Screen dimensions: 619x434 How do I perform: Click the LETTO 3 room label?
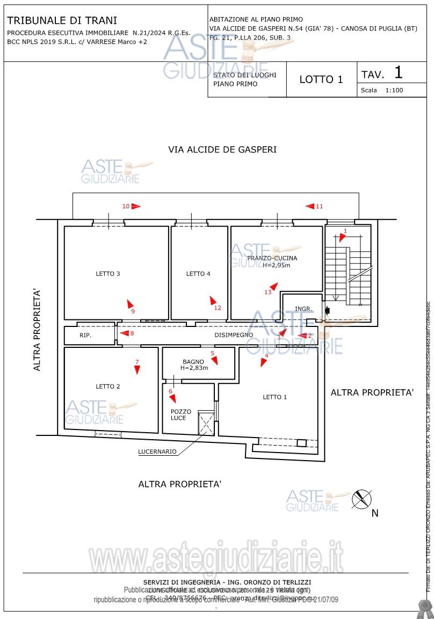pyautogui.click(x=108, y=274)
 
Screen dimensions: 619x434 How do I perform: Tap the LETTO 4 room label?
pyautogui.click(x=198, y=274)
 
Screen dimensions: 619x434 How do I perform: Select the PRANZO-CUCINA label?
pyautogui.click(x=272, y=258)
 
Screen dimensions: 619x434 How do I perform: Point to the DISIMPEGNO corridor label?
pyautogui.click(x=234, y=335)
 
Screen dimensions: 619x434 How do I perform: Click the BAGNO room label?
pyautogui.click(x=193, y=362)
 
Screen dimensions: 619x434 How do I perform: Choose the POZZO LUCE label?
pyautogui.click(x=178, y=414)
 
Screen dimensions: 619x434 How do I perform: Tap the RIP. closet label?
pyautogui.click(x=85, y=336)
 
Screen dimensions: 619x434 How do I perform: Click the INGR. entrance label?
pyautogui.click(x=303, y=309)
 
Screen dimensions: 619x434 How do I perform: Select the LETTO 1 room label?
pyautogui.click(x=274, y=397)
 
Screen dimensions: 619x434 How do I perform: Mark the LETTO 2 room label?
pyautogui.click(x=108, y=387)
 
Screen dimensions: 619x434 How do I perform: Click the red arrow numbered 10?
pyautogui.click(x=136, y=206)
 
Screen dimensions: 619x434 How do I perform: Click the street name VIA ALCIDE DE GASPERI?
pyautogui.click(x=222, y=150)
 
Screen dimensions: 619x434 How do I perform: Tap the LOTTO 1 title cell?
pyautogui.click(x=321, y=79)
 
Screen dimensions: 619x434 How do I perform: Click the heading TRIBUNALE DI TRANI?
pyautogui.click(x=62, y=21)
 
